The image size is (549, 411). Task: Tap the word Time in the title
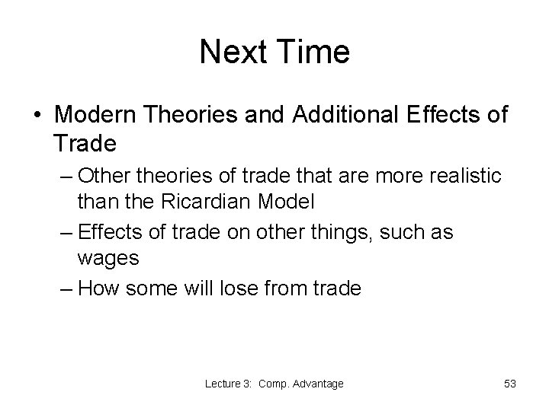pyautogui.click(x=311, y=53)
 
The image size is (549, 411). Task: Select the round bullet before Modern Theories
pyautogui.click(x=37, y=116)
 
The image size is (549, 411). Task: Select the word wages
pyautogui.click(x=108, y=259)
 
